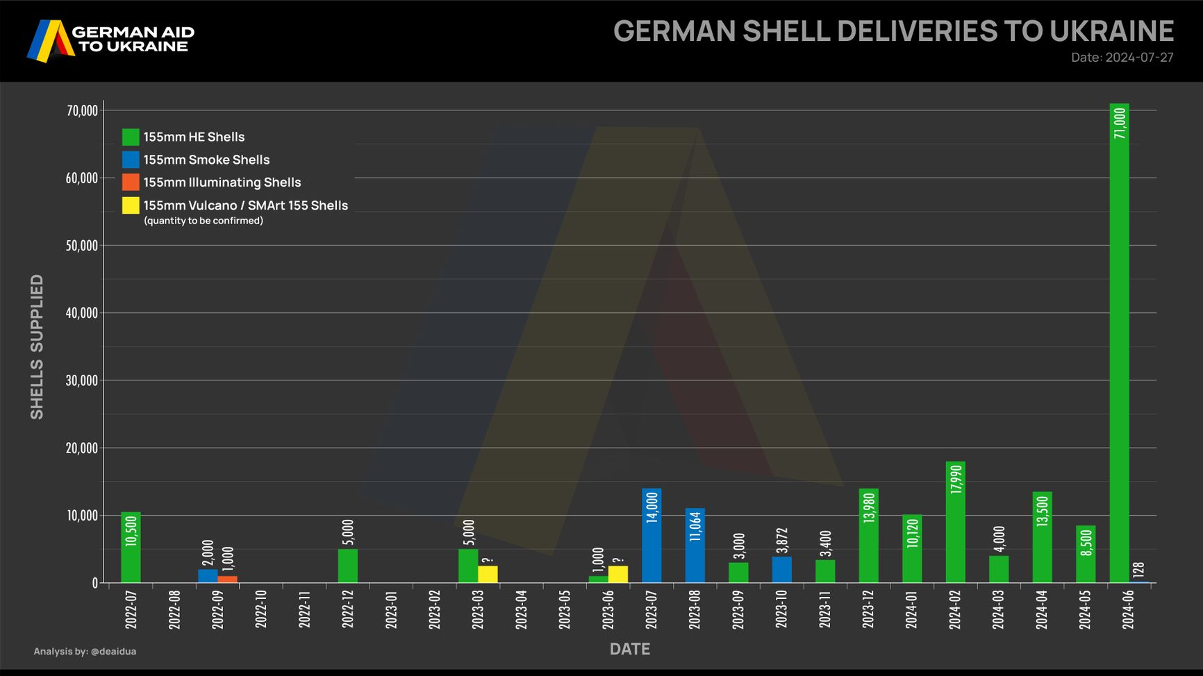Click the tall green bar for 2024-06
1119,347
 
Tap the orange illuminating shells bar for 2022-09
227,580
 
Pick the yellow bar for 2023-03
488,574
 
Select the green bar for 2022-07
131,548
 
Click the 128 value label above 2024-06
1138,570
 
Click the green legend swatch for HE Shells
131,137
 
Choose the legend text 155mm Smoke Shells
206,160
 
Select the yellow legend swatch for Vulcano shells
131,205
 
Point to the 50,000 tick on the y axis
82,246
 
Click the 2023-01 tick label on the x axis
392,610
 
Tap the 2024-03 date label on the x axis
999,610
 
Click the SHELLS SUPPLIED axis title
37,347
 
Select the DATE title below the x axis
630,649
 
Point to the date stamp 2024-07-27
1139,58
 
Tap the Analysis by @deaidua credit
85,651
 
